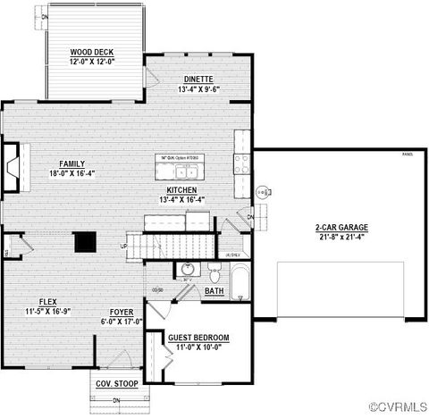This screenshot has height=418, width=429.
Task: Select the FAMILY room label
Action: coord(71,164)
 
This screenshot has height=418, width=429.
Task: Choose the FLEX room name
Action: coord(48,301)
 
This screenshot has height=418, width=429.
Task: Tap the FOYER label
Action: coord(122,312)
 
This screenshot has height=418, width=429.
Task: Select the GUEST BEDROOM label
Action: coord(198,337)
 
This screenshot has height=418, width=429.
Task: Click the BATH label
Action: coord(214,291)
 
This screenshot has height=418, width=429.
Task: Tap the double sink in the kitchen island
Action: coord(186,171)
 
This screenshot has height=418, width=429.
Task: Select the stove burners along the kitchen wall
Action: coord(241,163)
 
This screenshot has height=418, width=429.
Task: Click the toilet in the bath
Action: coord(213,272)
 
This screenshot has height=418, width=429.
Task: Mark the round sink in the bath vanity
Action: coord(188,269)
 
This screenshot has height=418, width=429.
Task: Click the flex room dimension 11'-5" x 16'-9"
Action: coord(48,311)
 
